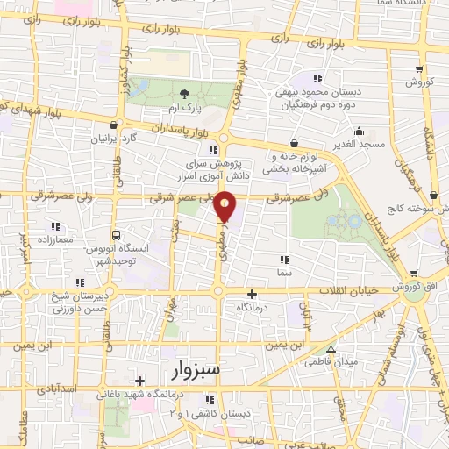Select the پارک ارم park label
pos(184,109)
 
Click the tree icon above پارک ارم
pos(184,94)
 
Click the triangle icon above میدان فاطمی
pos(330,348)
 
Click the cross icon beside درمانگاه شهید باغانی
pos(140,381)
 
